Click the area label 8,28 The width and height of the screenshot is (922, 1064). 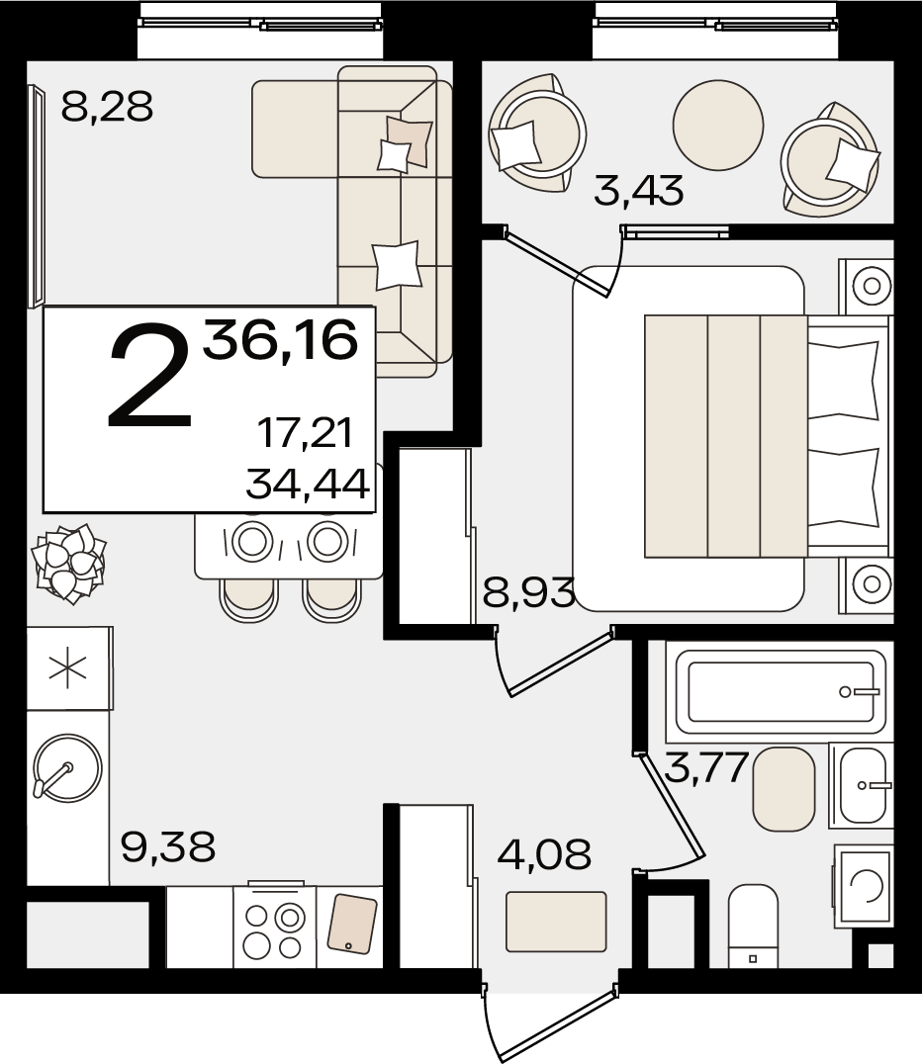pos(107,107)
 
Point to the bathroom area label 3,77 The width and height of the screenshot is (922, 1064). pos(706,766)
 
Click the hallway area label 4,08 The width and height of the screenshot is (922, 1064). pos(544,853)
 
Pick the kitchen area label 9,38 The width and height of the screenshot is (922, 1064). pos(168,846)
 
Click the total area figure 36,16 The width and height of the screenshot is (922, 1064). pos(280,340)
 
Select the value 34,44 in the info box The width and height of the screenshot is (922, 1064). pos(308,485)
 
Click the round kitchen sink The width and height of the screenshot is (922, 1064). pos(67,768)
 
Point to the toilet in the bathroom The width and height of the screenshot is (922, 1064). pos(753,927)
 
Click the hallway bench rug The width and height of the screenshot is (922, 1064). pos(556,922)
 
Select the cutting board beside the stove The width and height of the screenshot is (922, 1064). pos(352,924)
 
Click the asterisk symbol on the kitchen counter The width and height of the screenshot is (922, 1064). pos(68,668)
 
